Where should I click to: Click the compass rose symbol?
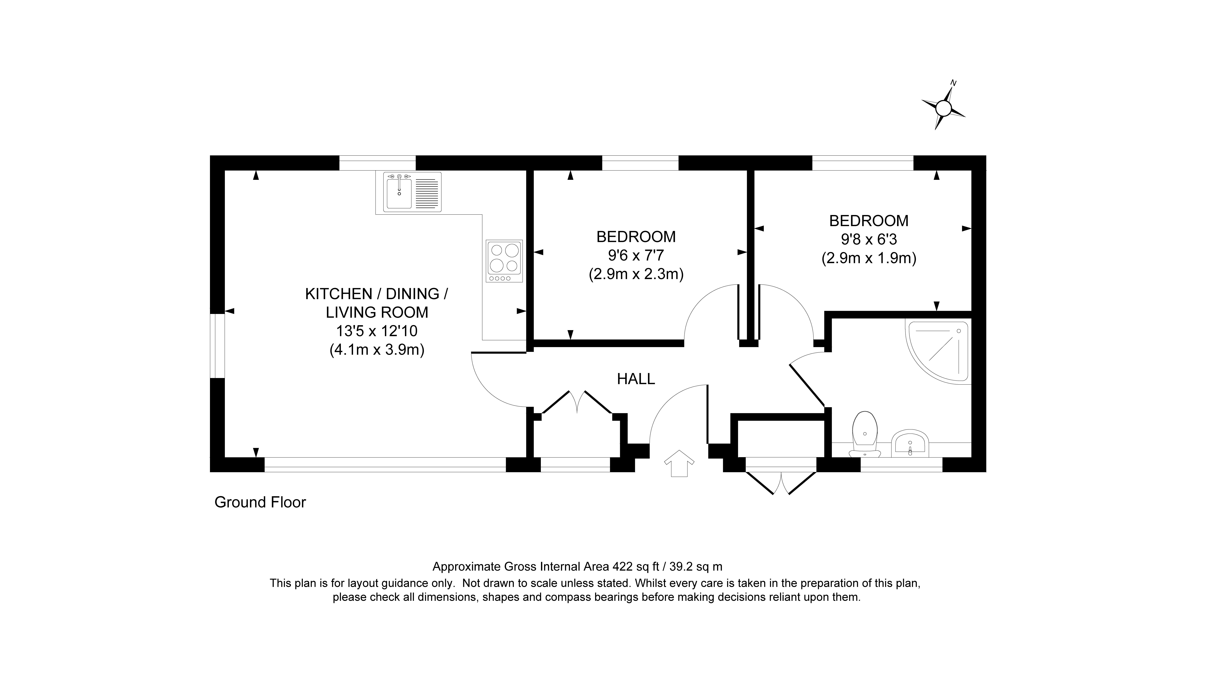[x=943, y=108]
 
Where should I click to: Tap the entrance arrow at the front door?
[x=679, y=463]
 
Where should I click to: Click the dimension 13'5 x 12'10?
[x=377, y=331]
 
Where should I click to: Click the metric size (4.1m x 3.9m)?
[x=377, y=350]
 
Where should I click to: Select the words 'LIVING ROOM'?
[x=377, y=313]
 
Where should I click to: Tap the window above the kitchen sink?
[x=377, y=163]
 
